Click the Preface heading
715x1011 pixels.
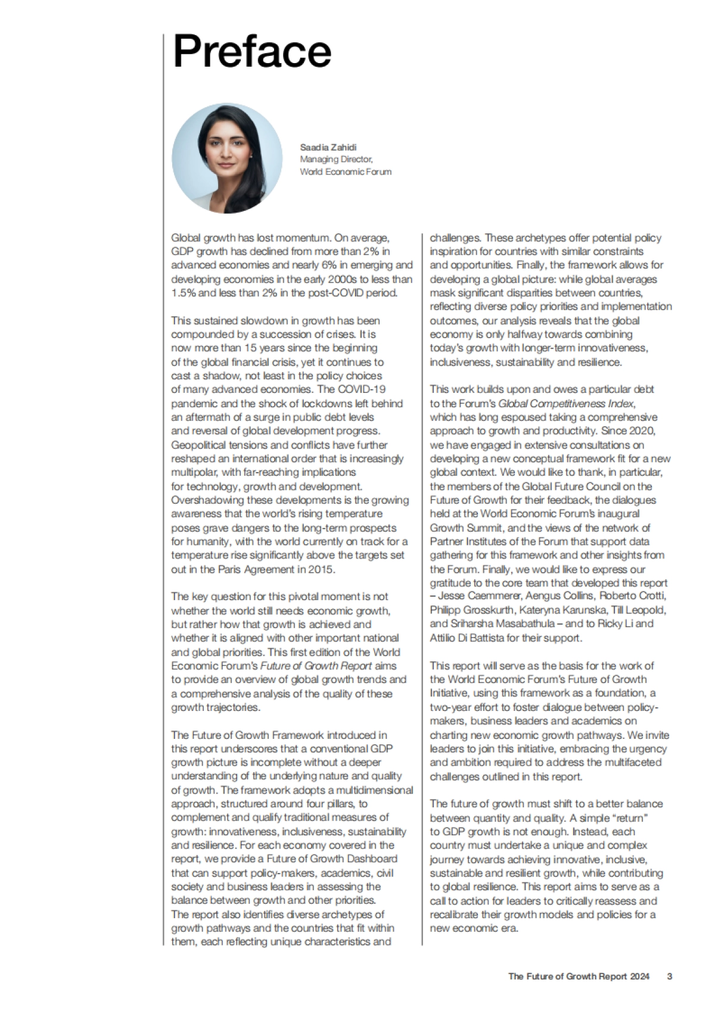click(251, 53)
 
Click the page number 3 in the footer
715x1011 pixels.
click(670, 976)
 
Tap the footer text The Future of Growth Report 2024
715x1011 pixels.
click(579, 976)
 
